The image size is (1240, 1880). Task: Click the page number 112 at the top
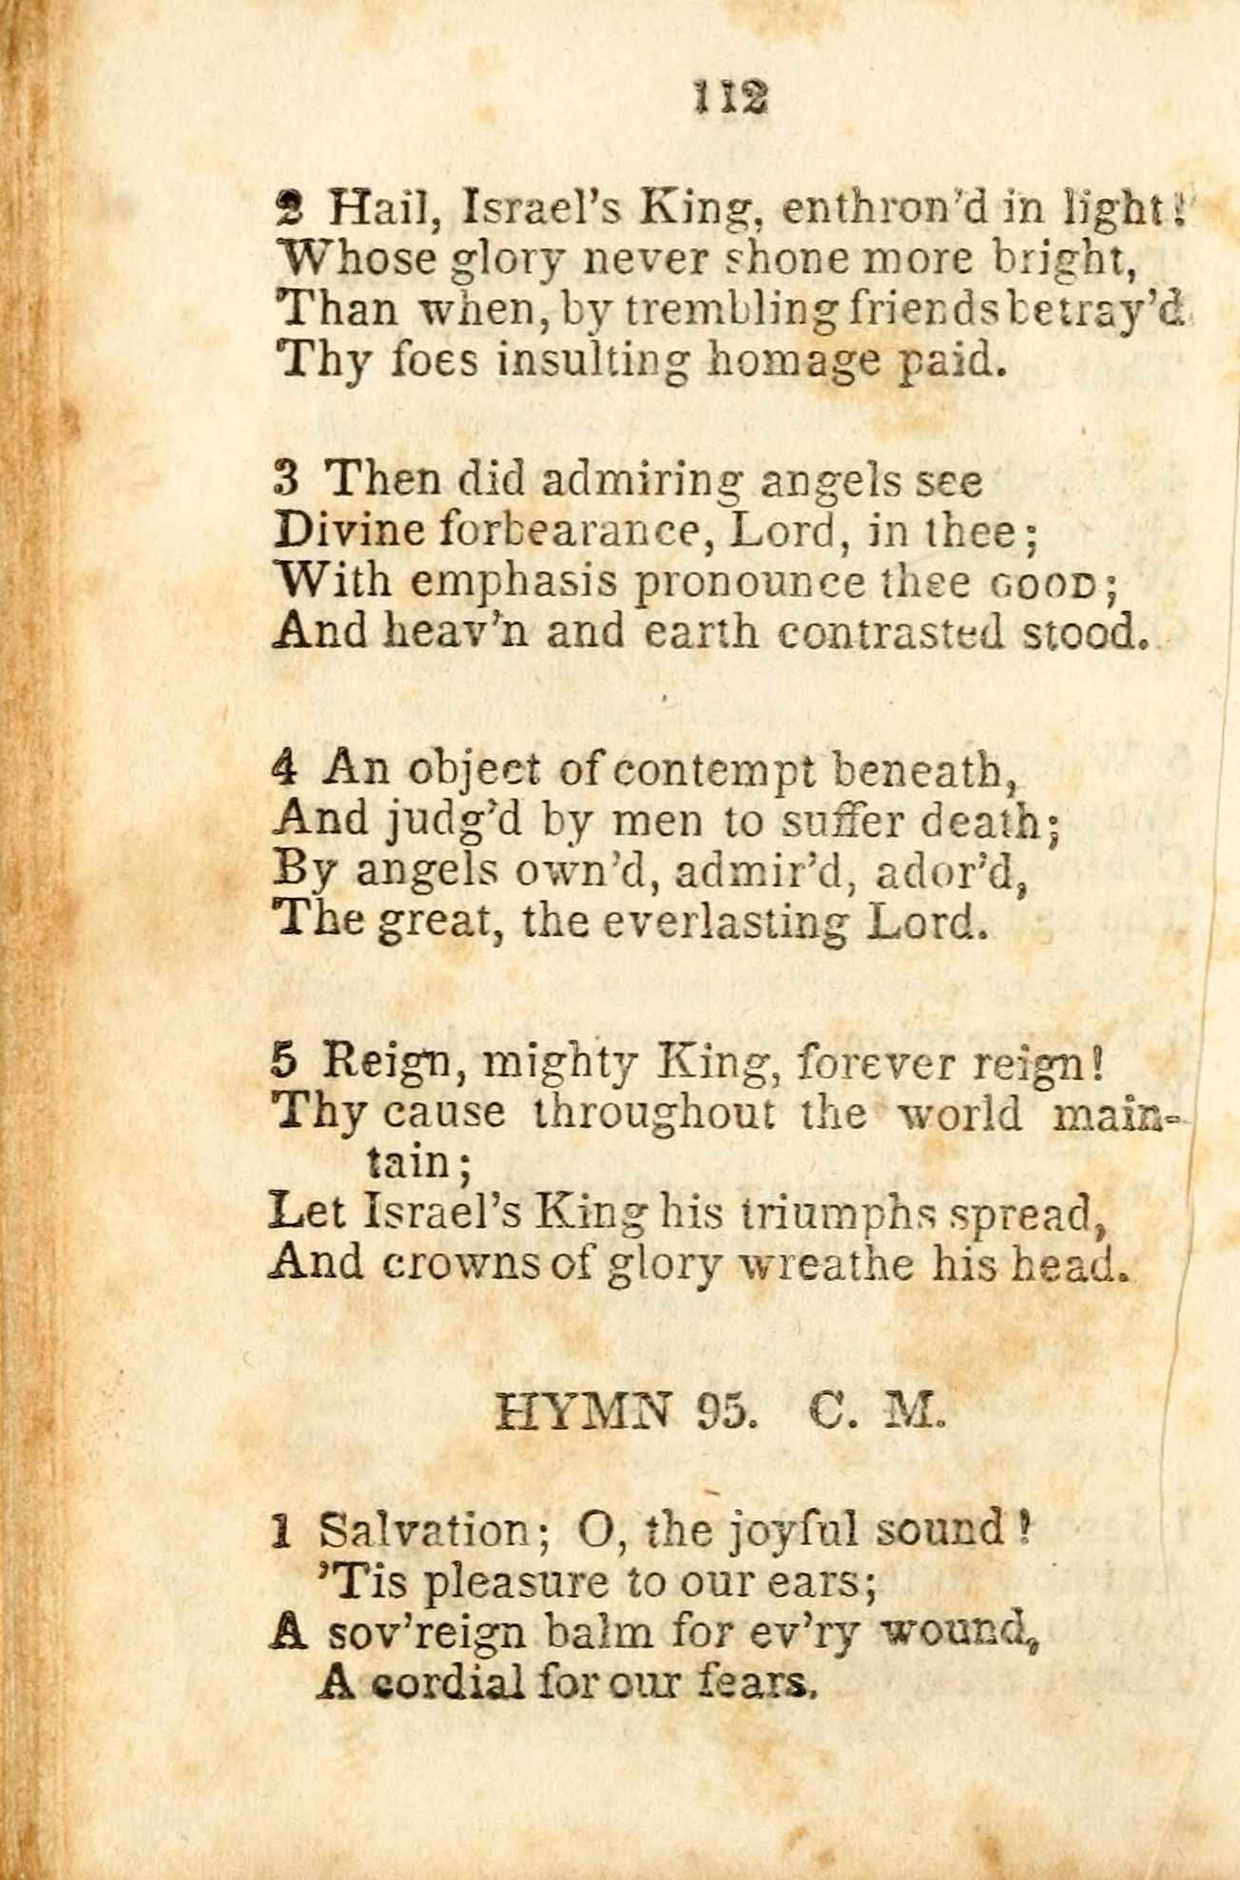coord(730,97)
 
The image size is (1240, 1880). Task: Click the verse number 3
coord(286,478)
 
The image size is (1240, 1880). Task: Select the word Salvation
coord(423,1529)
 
